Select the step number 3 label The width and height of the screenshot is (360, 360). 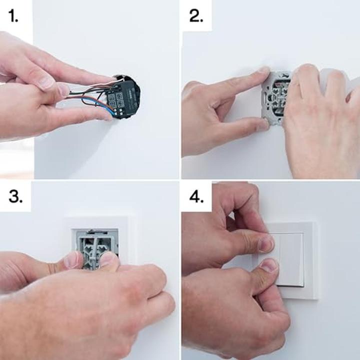pos(15,196)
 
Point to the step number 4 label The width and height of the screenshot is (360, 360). pos(196,196)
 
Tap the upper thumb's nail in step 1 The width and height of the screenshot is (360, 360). pos(46,82)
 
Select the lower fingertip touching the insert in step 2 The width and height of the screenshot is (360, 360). pos(263,125)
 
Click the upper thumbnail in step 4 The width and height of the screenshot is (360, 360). pos(266,244)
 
